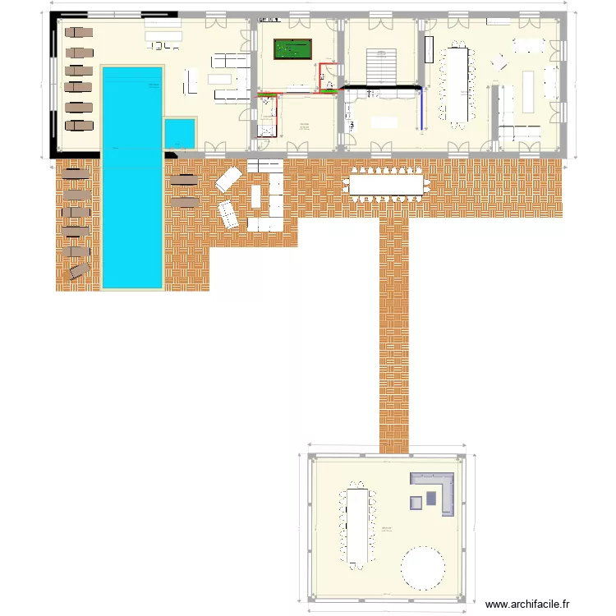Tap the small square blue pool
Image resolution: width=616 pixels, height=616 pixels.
180,133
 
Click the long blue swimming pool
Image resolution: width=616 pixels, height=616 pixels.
131,177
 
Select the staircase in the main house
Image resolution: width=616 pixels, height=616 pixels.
380,66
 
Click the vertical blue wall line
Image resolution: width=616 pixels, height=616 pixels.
422,107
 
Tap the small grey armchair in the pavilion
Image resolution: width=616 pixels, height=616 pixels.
416,502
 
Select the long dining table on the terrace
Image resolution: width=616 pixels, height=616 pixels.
387,185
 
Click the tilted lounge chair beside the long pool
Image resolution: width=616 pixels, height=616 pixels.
80,271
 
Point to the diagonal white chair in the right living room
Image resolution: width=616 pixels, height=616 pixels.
499,62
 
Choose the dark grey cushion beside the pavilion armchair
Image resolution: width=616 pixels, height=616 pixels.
430,497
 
